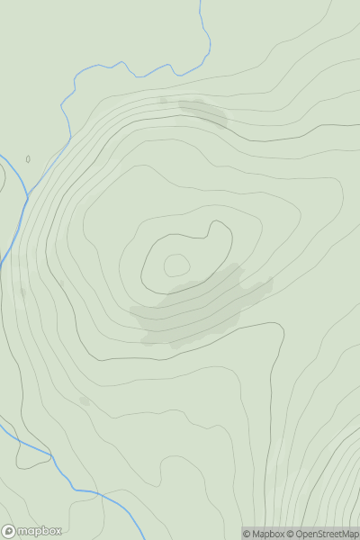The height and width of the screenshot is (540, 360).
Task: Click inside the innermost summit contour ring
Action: (176, 265)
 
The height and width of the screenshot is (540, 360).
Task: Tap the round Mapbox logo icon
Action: (9, 531)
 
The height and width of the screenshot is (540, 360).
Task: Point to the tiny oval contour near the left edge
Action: (28, 159)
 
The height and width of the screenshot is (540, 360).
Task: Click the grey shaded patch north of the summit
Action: (203, 112)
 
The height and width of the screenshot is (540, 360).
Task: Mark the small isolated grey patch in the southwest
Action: (85, 400)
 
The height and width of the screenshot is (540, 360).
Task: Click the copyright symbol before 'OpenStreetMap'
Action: (290, 534)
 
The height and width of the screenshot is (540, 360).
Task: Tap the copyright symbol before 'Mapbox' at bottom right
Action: (246, 534)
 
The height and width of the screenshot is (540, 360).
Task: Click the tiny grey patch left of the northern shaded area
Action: (163, 101)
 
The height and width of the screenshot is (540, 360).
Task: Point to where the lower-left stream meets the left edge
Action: (1, 420)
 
